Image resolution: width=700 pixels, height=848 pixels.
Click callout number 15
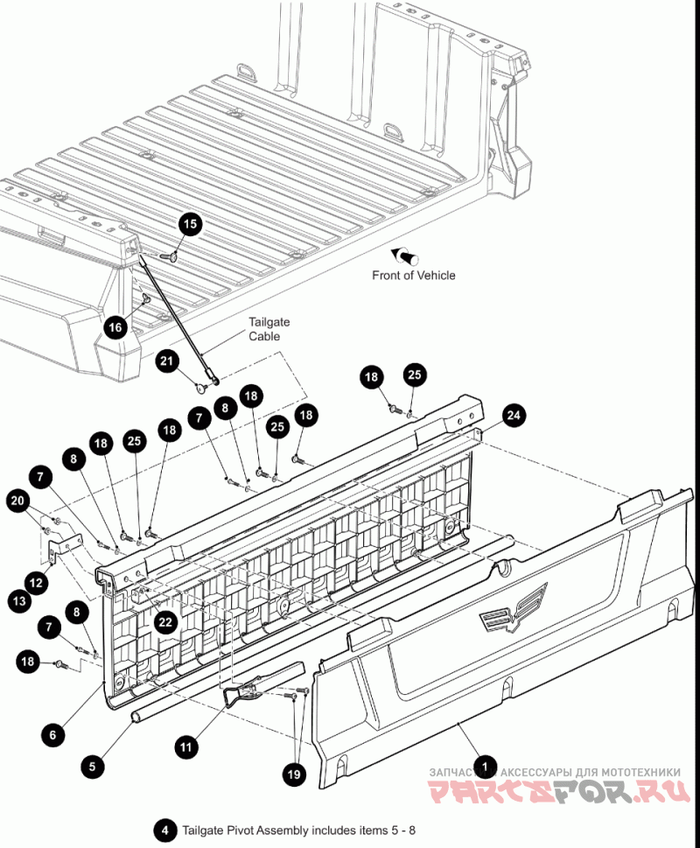(190, 224)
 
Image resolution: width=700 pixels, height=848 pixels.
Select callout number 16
(115, 327)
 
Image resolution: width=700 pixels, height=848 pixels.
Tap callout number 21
(168, 361)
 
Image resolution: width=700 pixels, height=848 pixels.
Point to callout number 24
(516, 416)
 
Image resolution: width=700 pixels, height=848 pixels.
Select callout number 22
(164, 622)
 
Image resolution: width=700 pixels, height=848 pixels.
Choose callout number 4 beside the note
(163, 829)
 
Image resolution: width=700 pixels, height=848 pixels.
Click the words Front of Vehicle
(414, 275)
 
